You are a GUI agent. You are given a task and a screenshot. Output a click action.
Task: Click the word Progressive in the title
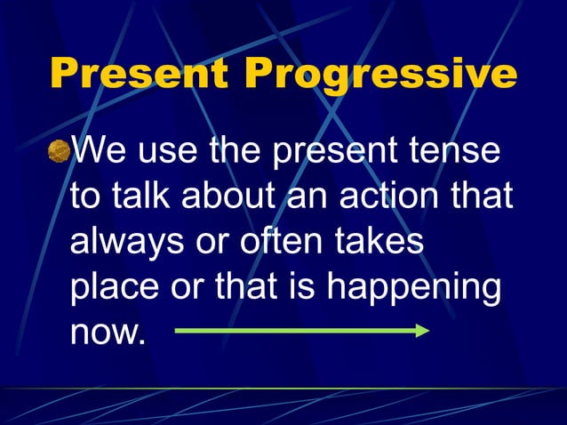380,75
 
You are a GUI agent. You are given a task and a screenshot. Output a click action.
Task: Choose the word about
234,196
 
